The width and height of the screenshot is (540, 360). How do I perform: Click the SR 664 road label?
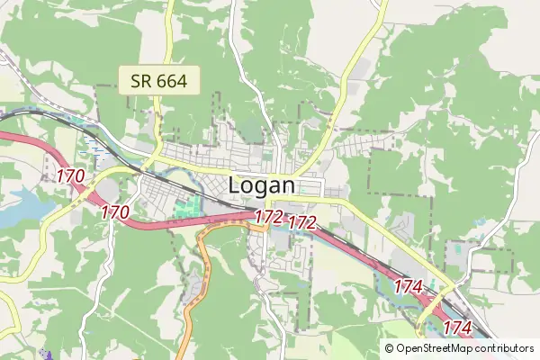pos(158,80)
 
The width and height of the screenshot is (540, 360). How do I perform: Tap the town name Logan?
pos(262,185)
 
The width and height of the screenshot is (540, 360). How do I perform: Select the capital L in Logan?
pos(237,185)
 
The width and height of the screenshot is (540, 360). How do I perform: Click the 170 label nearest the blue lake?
pos(70,176)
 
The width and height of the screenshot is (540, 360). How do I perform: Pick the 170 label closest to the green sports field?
pos(115,213)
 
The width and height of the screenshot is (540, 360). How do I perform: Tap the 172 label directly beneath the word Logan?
pos(268,217)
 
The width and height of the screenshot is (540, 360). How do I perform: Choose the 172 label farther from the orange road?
pos(302,221)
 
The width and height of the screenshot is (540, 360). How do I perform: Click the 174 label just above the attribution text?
pos(457,328)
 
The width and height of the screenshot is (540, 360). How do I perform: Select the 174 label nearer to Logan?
pos(408,286)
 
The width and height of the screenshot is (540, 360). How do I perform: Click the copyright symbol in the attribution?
pos(390,348)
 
